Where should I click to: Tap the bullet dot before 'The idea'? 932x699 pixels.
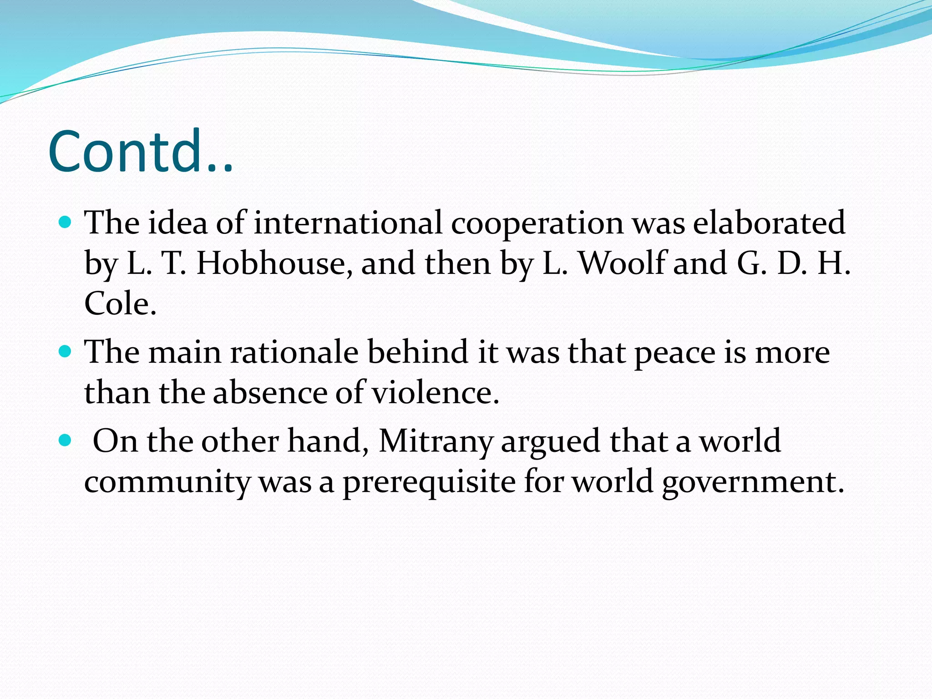point(66,223)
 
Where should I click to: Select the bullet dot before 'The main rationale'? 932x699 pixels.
point(66,352)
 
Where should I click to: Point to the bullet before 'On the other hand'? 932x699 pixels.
point(66,441)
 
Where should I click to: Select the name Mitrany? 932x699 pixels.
point(436,441)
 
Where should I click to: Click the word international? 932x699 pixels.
point(348,223)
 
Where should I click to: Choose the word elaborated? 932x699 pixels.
point(769,223)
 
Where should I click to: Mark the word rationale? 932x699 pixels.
point(294,352)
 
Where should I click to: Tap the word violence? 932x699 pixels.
point(436,392)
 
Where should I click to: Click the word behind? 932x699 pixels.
point(418,352)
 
